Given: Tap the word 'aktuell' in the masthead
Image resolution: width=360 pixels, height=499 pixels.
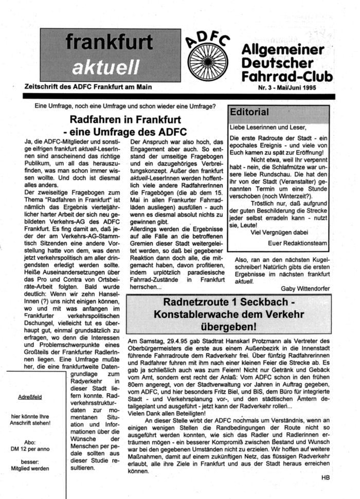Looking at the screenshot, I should (x=105, y=66).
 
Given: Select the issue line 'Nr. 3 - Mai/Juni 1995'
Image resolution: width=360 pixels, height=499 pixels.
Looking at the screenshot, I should (x=289, y=87).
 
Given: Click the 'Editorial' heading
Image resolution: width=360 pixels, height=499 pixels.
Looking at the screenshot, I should (x=249, y=112).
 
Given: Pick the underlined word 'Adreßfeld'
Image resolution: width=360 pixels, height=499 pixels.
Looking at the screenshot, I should (x=29, y=397).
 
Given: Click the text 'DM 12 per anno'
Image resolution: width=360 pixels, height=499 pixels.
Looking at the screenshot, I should (x=30, y=449).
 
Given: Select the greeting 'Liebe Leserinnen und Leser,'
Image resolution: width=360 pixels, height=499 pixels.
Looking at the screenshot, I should (x=267, y=127).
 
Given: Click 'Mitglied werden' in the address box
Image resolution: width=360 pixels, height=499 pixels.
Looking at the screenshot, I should (x=30, y=469).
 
